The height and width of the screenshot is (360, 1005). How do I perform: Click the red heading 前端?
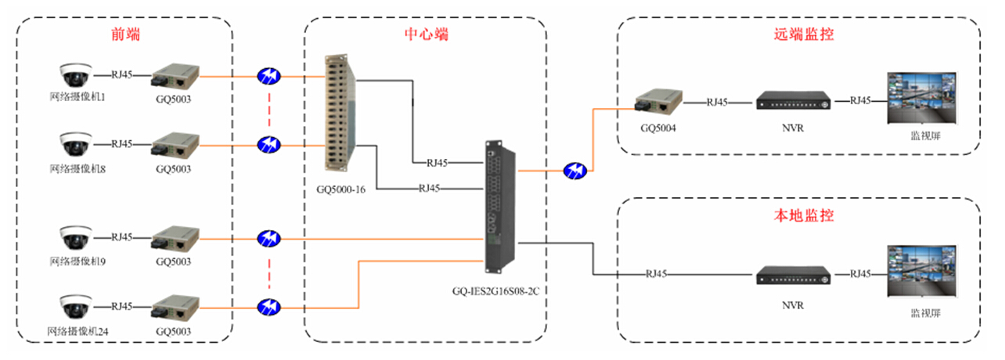click(125, 35)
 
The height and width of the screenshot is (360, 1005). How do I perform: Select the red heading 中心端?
click(425, 35)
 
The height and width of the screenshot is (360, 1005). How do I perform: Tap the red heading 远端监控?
click(798, 35)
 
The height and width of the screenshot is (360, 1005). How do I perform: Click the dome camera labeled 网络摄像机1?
click(76, 76)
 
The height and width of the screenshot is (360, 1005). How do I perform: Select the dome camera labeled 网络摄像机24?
click(76, 305)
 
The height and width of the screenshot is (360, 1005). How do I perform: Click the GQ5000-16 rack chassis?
click(340, 112)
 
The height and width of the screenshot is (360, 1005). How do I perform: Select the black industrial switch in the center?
click(500, 203)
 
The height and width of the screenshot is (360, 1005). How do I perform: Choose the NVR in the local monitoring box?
click(793, 275)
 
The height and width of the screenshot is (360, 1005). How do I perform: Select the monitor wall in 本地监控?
click(920, 272)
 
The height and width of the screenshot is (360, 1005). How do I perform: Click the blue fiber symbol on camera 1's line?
click(268, 76)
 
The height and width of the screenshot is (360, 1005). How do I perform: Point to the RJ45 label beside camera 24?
click(121, 306)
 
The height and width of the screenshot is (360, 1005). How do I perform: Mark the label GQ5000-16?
click(340, 189)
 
